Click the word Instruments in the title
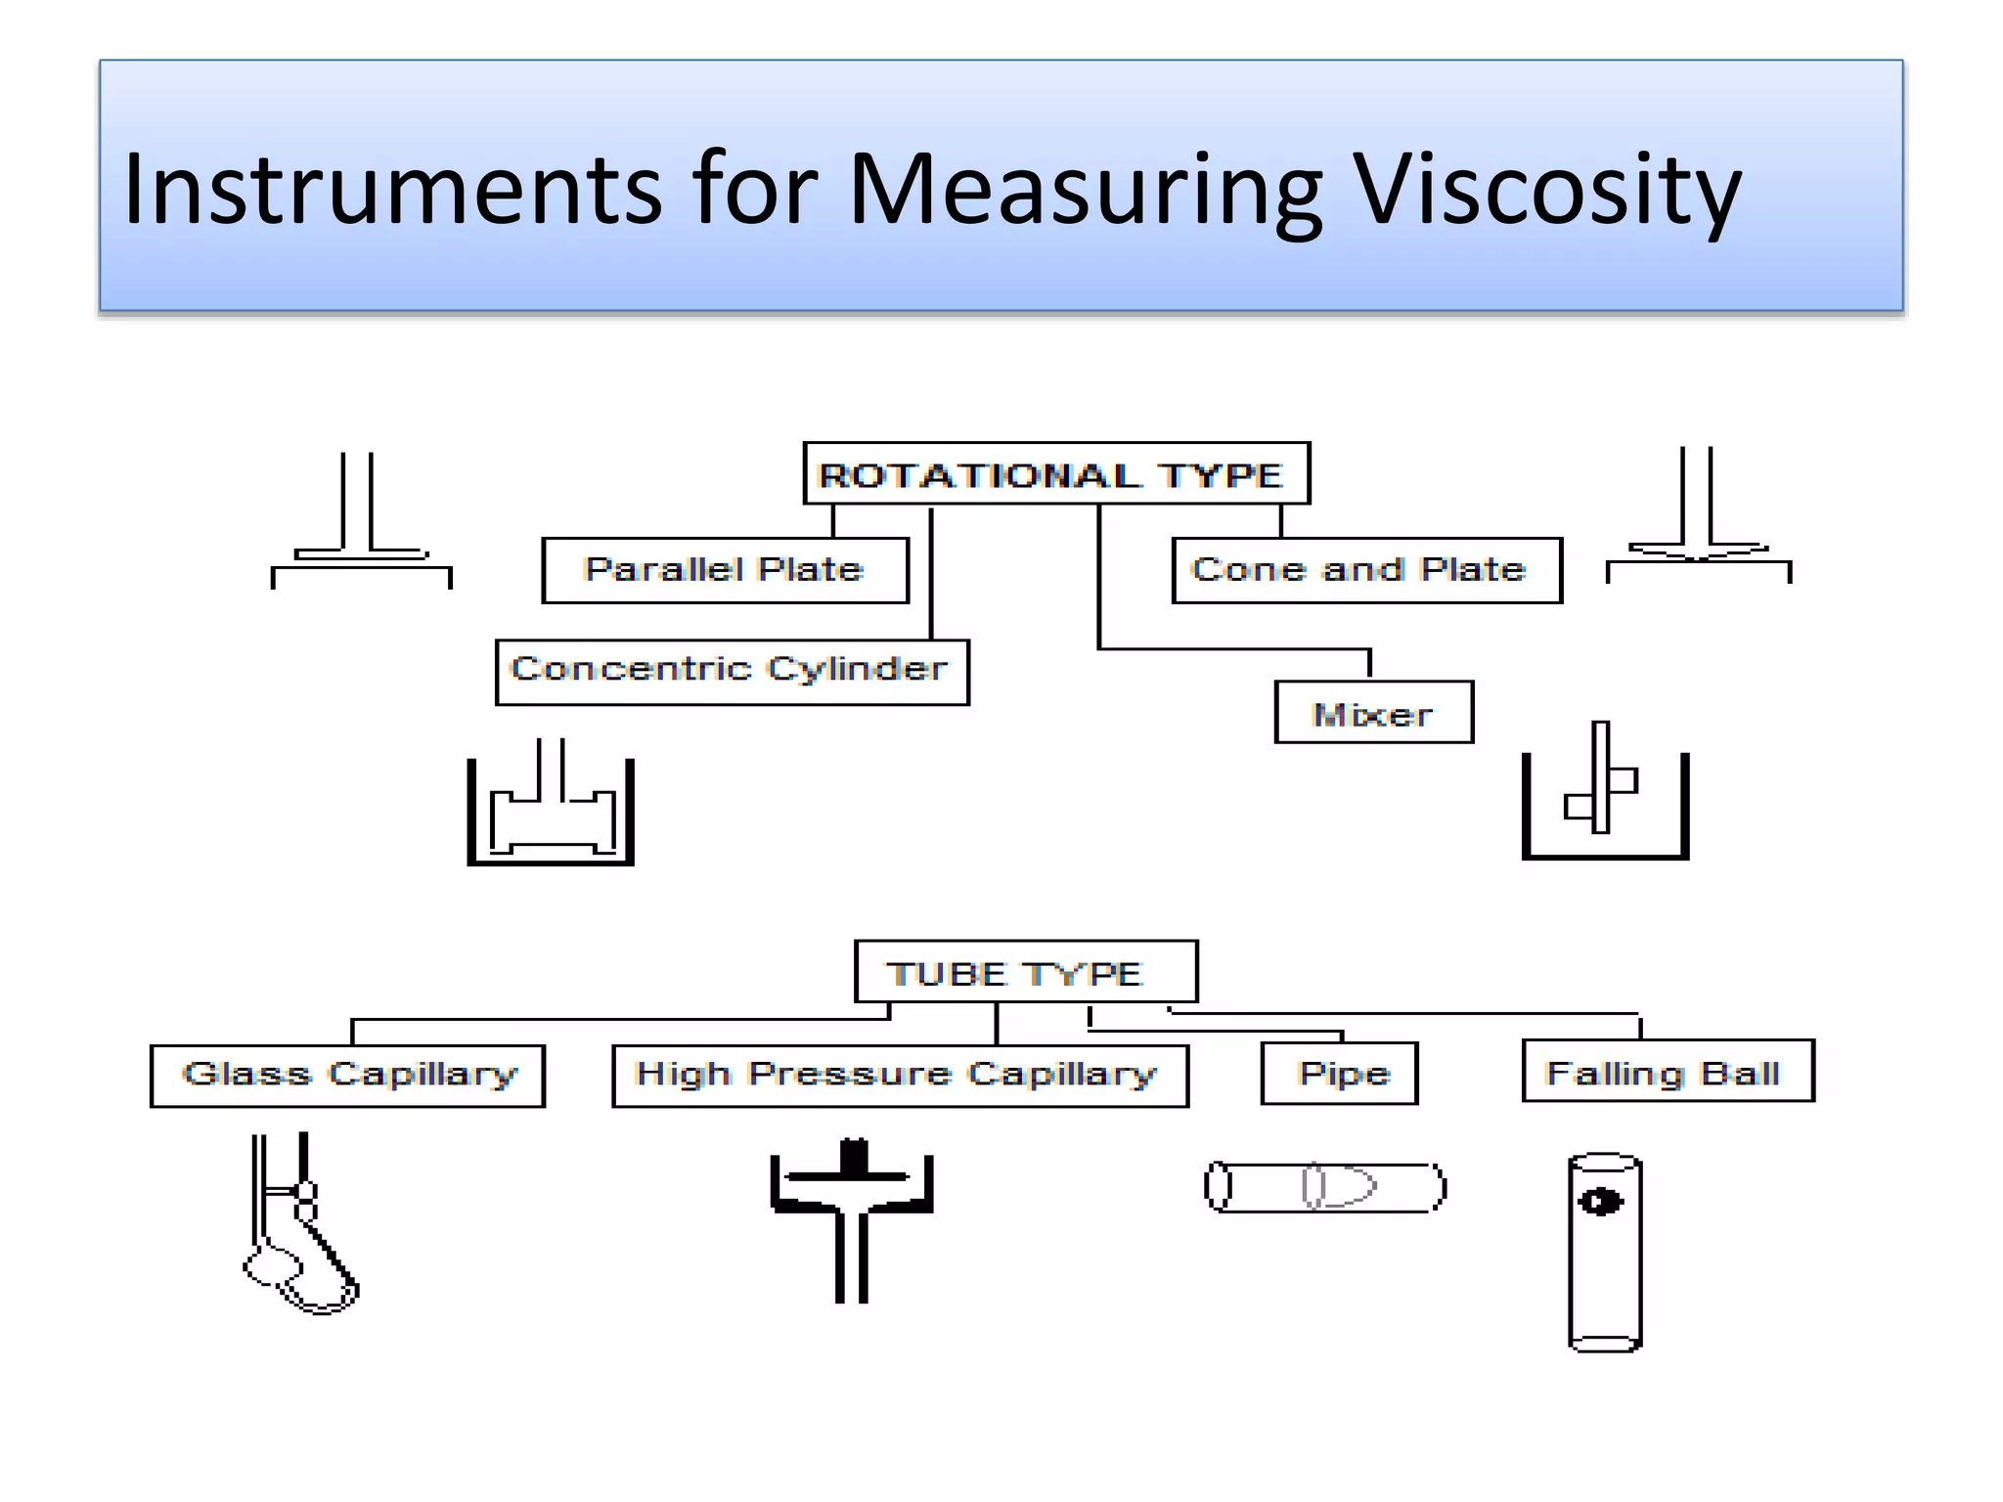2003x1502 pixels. point(392,191)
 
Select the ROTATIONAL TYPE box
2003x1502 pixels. point(1055,474)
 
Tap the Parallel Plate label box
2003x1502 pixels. point(725,570)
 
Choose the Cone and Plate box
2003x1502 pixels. point(1365,570)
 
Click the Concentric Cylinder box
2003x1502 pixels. point(732,672)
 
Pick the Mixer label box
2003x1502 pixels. point(1373,713)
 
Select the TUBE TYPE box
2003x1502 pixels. point(1025,972)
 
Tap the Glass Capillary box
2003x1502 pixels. point(347,1076)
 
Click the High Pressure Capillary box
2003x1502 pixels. point(900,1076)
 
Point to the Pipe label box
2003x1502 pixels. point(1339,1074)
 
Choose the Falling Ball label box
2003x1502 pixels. point(1668,1072)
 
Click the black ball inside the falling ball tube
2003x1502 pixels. point(1601,1201)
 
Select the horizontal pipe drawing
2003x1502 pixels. point(1325,1187)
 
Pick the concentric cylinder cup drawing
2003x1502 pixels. point(551,812)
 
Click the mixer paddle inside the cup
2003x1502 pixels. point(1601,782)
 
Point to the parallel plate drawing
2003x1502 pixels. point(361,528)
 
